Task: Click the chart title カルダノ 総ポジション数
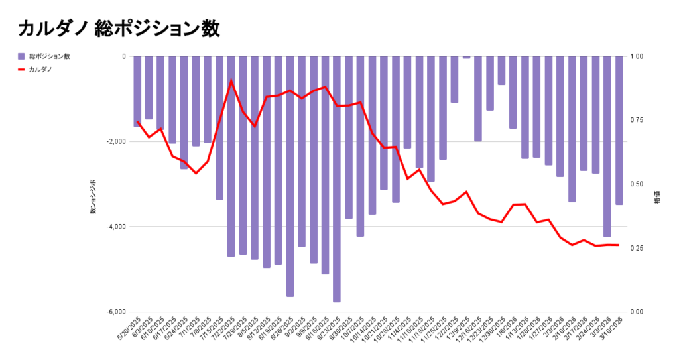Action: point(119,28)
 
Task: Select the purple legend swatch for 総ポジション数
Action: point(21,56)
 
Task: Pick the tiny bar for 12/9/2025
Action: point(466,58)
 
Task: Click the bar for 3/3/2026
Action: point(607,146)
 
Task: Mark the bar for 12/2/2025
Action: point(454,80)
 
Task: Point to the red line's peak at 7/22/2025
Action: point(231,80)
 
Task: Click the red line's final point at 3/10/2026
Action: point(619,245)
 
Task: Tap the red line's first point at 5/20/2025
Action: point(137,121)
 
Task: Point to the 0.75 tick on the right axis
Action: point(637,120)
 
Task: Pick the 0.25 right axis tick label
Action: point(637,248)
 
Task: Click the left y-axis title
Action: point(93,196)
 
